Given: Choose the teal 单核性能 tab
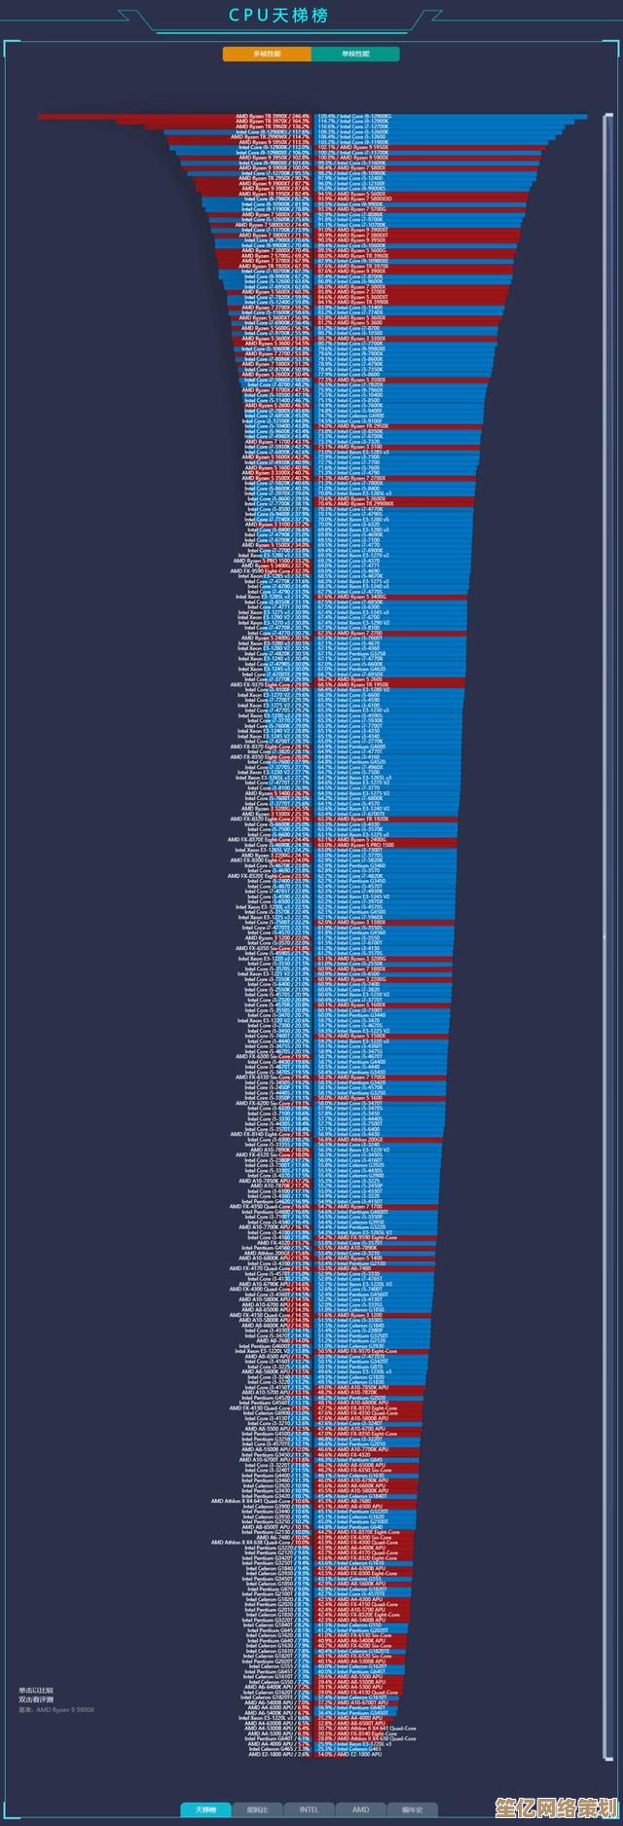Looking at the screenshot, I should [355, 54].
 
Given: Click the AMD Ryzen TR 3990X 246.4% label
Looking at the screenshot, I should [274, 116].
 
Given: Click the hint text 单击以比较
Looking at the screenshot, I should [36, 1690].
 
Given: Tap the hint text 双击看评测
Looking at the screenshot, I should [36, 1698].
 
